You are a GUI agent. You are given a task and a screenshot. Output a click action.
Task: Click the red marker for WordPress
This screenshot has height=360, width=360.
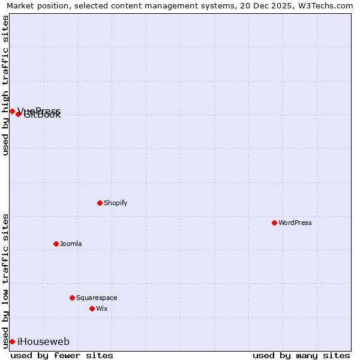pyautogui.click(x=274, y=223)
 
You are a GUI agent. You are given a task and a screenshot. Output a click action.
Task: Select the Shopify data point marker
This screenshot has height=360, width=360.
pyautogui.click(x=100, y=203)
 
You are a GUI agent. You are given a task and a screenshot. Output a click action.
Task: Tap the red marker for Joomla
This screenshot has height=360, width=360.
pyautogui.click(x=56, y=244)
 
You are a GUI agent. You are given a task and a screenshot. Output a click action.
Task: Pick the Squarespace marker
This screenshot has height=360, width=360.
pyautogui.click(x=72, y=298)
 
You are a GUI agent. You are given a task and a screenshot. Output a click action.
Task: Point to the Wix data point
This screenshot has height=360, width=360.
pyautogui.click(x=92, y=308)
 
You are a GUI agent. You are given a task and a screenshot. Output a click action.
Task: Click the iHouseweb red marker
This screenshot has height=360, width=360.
pyautogui.click(x=12, y=341)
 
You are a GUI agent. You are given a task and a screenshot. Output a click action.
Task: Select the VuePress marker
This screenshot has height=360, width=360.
pyautogui.click(x=12, y=111)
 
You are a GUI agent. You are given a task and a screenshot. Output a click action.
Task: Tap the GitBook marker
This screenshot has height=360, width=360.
pyautogui.click(x=18, y=114)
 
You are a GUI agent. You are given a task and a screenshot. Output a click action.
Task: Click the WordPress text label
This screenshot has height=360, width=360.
pyautogui.click(x=295, y=223)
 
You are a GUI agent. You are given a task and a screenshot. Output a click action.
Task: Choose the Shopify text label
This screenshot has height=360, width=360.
pyautogui.click(x=116, y=203)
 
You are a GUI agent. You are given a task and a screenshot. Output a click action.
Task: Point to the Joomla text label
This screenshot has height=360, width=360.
pyautogui.click(x=71, y=244)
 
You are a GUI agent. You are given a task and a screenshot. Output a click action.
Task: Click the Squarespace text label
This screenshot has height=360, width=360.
pyautogui.click(x=97, y=298)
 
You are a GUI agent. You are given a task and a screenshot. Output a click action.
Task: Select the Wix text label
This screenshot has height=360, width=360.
pyautogui.click(x=102, y=308)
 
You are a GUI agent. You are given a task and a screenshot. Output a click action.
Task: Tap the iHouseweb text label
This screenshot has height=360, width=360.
pyautogui.click(x=44, y=341)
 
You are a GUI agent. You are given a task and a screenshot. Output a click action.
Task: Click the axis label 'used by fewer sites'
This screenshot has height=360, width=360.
pyautogui.click(x=62, y=355)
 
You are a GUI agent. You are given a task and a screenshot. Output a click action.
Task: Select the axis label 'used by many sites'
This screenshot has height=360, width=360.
pyautogui.click(x=301, y=355)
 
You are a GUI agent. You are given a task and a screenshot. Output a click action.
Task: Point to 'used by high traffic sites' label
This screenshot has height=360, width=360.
pyautogui.click(x=5, y=85)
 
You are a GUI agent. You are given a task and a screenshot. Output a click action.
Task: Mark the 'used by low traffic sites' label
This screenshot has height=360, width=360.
pyautogui.click(x=5, y=280)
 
